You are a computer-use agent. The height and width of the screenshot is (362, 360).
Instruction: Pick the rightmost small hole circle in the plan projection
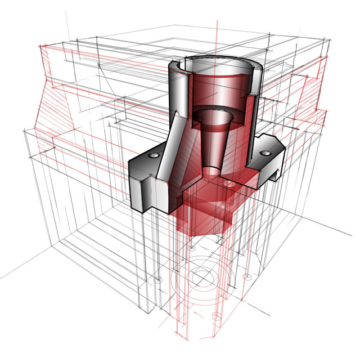click(246, 276)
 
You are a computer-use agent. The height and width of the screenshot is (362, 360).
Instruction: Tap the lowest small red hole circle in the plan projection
click(214, 317)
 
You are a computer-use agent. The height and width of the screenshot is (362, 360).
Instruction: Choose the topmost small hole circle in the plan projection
click(191, 248)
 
